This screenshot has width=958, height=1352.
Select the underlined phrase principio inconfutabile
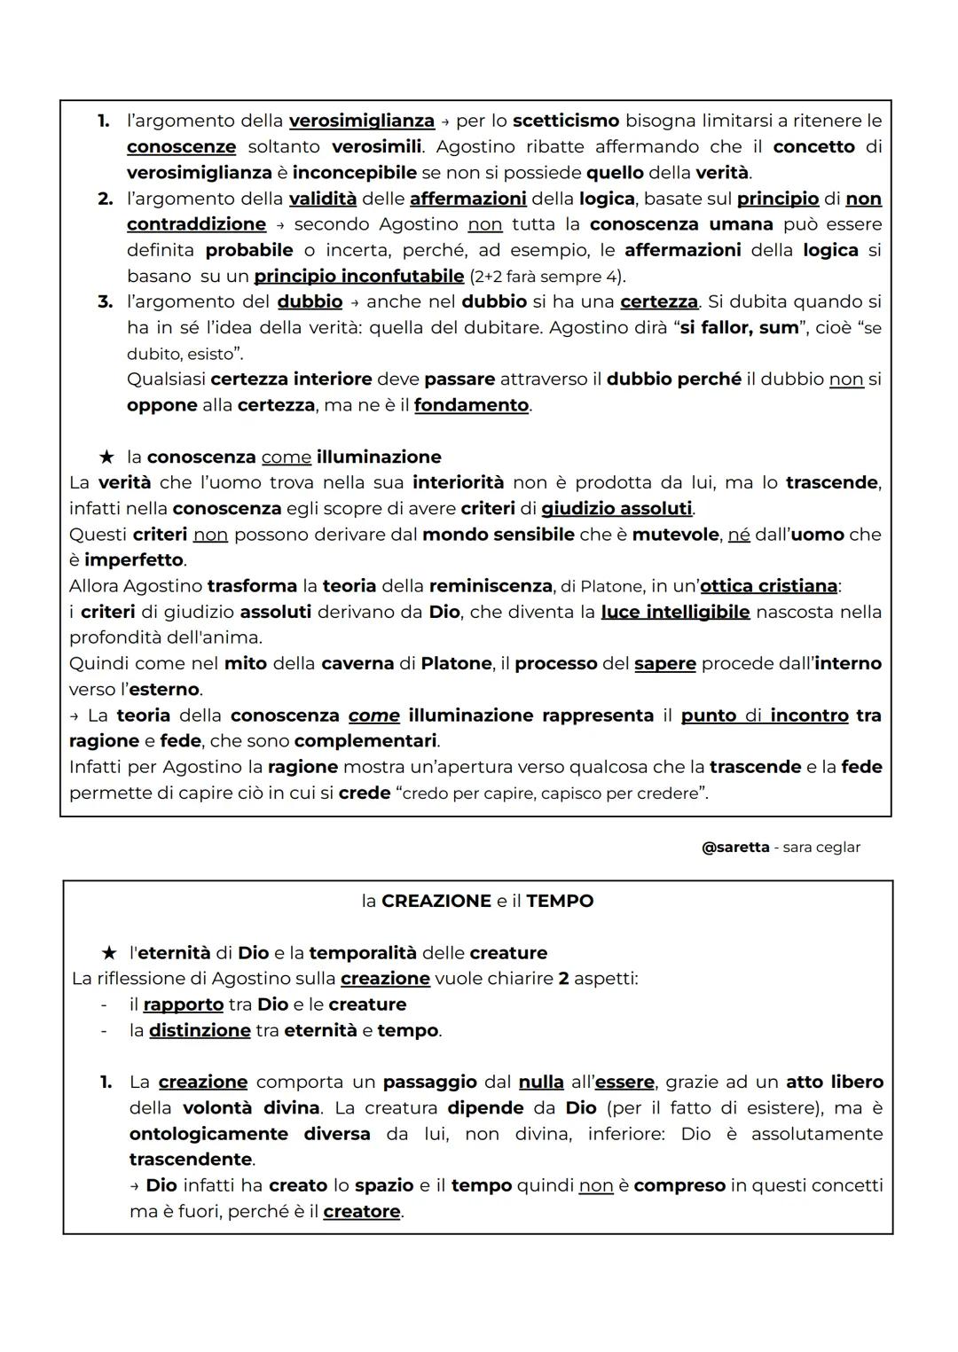coord(358,276)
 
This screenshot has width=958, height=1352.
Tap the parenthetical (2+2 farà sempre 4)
coord(547,277)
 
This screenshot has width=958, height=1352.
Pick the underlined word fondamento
coord(471,405)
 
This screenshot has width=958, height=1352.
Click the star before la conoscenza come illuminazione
coord(106,457)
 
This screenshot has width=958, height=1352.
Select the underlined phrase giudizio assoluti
coord(616,509)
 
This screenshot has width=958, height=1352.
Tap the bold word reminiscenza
coord(490,586)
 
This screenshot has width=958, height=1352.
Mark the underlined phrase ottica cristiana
coord(768,586)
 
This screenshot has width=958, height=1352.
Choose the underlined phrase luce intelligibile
coord(675,612)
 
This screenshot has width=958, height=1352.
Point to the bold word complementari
coord(365,741)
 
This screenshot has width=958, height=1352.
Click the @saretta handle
coord(735,848)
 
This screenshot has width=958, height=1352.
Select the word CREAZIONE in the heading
coord(436,902)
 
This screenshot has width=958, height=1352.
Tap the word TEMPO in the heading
coord(560,902)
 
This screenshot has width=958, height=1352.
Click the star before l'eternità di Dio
coord(109,953)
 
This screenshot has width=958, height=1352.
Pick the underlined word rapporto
coord(184,1004)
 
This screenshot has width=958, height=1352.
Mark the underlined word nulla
coord(541,1082)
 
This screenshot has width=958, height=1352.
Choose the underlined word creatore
coord(362,1211)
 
